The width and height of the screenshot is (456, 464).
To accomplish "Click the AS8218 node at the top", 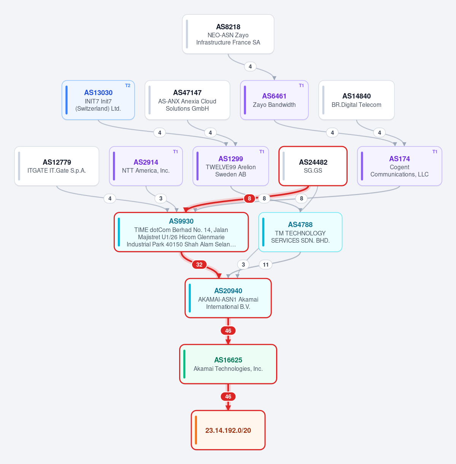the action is click(228, 34).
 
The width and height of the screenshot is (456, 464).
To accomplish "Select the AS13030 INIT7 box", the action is click(98, 100).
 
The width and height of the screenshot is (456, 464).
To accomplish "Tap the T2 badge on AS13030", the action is click(128, 86).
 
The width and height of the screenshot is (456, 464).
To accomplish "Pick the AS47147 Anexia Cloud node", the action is click(187, 100).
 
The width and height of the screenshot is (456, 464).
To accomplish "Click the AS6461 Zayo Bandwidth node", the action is click(274, 100).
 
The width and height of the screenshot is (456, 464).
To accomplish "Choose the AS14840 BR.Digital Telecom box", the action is click(356, 100).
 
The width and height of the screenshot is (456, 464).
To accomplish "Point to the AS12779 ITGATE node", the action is click(57, 166).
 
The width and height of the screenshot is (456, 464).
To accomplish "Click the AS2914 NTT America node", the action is click(146, 166).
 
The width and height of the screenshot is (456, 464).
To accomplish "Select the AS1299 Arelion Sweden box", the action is click(230, 166).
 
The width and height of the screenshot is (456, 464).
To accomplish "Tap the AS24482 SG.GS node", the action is click(313, 166).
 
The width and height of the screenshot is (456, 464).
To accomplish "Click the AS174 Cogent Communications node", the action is click(399, 166).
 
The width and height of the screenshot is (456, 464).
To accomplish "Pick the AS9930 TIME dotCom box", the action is click(181, 232).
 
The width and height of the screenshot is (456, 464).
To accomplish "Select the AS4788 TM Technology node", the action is click(300, 232).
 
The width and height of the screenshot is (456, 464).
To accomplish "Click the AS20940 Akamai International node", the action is click(228, 298).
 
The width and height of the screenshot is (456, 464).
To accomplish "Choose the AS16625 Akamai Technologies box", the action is click(228, 364).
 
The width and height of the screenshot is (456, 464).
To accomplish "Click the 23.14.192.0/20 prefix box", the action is click(228, 430).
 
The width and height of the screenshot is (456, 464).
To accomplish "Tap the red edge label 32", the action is click(199, 265).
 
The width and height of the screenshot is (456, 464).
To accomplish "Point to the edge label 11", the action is click(265, 265).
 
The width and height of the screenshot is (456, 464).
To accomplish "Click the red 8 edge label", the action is click(249, 199).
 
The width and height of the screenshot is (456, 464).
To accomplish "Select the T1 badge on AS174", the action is click(435, 152).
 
